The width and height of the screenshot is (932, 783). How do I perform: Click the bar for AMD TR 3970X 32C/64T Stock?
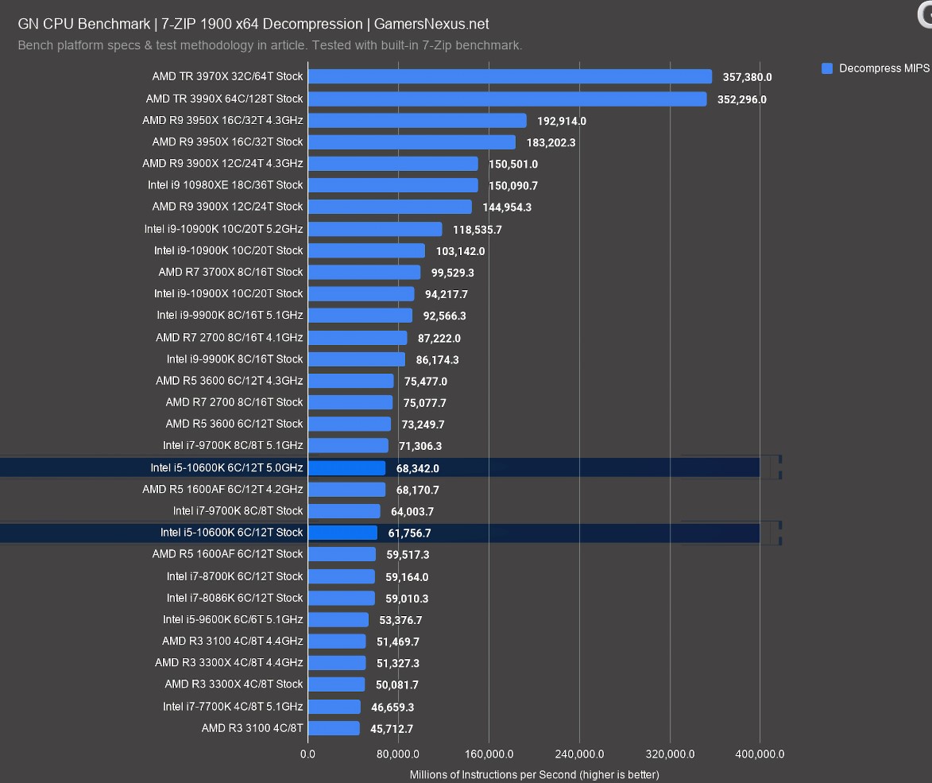[x=509, y=77]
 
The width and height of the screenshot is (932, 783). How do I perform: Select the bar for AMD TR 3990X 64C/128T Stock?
[x=507, y=99]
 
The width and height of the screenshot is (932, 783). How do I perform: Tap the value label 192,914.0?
[x=561, y=122]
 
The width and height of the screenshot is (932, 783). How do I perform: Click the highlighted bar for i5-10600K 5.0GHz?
[x=346, y=468]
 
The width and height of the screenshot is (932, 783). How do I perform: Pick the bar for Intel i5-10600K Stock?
[x=342, y=533]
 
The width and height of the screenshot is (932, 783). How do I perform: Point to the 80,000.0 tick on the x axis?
[x=398, y=754]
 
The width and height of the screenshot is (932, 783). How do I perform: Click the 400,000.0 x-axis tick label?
[x=760, y=754]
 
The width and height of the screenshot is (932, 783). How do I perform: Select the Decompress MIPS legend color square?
[x=827, y=69]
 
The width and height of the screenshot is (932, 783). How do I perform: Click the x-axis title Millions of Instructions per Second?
[x=534, y=774]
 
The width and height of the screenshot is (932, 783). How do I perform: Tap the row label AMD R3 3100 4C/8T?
[x=252, y=728]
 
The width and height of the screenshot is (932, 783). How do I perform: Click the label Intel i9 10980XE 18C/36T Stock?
[x=225, y=185]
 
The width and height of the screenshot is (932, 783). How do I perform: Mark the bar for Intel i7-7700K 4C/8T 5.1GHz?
[x=334, y=707]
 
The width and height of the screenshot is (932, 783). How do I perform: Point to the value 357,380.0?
[x=747, y=78]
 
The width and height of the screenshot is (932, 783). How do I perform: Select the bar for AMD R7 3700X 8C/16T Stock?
[x=364, y=272]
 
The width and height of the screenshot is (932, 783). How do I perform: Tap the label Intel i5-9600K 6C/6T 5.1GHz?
[x=233, y=619]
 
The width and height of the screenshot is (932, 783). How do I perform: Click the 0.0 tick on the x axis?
[x=307, y=754]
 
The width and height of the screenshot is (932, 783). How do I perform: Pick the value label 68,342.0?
[x=417, y=469]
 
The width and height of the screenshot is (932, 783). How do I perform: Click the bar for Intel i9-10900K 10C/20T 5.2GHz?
[x=374, y=229]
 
